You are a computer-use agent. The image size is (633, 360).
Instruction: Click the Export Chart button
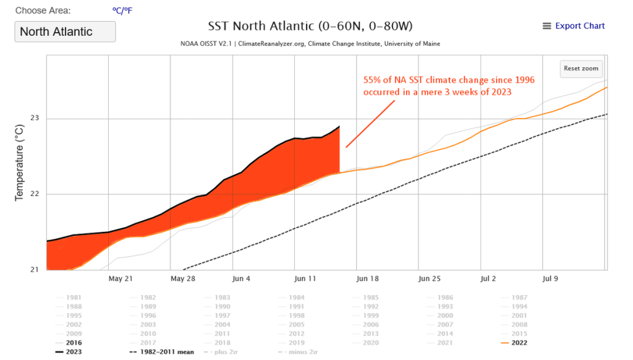[574, 26]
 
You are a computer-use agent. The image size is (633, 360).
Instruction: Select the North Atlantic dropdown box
[65, 32]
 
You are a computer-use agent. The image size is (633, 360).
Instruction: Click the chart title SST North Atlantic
[310, 27]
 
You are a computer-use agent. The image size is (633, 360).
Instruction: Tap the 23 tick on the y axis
[35, 118]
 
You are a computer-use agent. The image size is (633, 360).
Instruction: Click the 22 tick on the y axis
[35, 194]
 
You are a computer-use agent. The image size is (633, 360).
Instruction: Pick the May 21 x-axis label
[121, 278]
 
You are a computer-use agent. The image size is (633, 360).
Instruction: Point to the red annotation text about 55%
[448, 86]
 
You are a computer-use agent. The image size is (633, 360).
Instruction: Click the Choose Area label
[43, 11]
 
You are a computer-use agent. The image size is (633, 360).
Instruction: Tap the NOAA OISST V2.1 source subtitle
[310, 44]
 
